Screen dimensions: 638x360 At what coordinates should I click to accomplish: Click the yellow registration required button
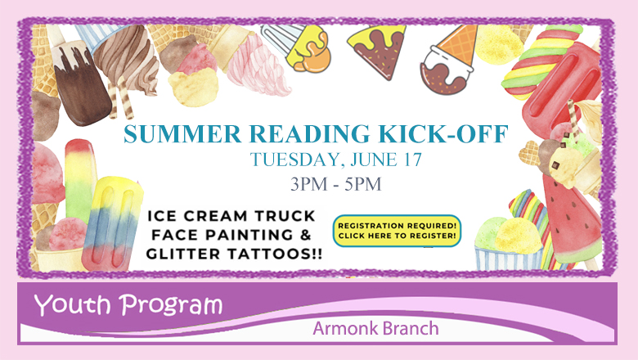(397, 231)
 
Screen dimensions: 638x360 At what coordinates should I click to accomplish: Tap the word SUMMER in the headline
(182, 134)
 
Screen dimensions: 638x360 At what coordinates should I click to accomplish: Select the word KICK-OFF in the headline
(443, 134)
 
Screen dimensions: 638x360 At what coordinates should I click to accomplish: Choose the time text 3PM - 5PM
(336, 184)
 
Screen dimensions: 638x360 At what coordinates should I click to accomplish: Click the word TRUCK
(284, 216)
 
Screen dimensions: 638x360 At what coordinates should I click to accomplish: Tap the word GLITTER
(184, 254)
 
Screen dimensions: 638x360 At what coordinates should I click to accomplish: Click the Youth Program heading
(128, 305)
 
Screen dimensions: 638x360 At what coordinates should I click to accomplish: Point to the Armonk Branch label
(375, 328)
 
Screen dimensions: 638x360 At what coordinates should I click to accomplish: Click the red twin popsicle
(561, 92)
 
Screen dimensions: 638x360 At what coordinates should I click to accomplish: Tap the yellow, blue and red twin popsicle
(112, 223)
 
